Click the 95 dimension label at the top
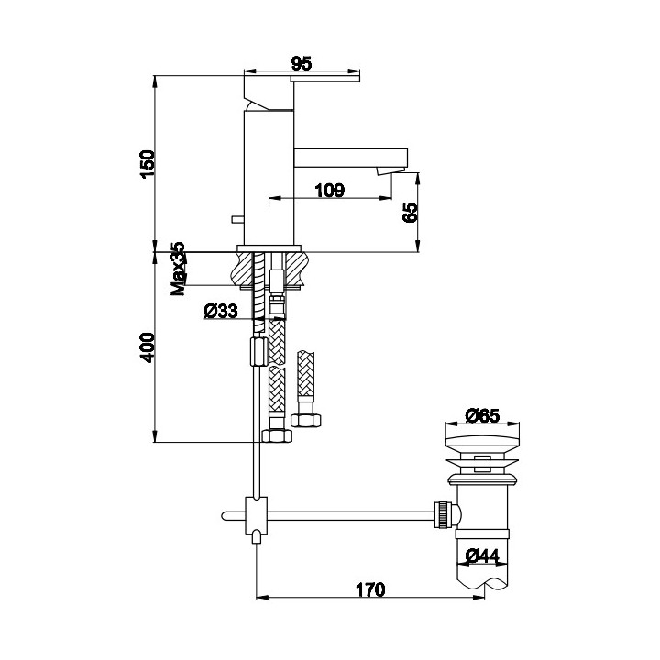302,63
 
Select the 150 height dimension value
148,164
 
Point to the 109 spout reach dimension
330,191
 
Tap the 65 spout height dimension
410,212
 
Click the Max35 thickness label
177,269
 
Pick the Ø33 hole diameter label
220,311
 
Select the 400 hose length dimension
148,347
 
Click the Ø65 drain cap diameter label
482,415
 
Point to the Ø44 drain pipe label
482,556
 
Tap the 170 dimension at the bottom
370,589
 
